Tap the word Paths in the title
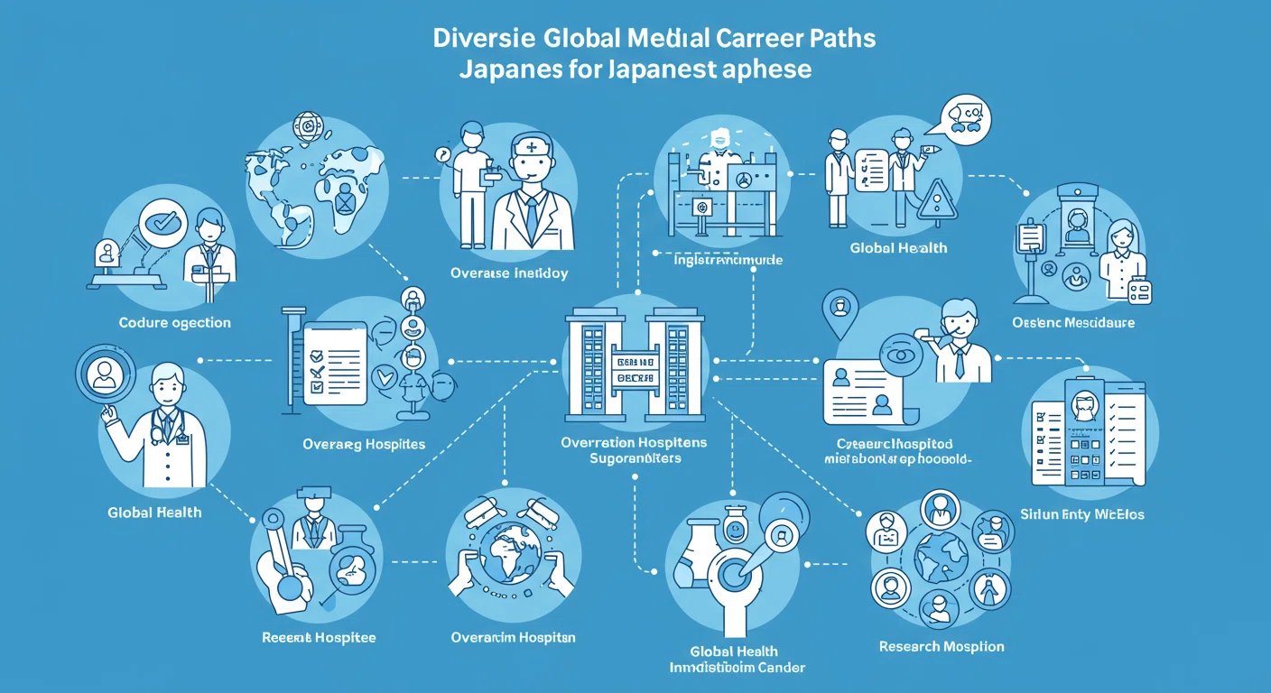tap(842, 40)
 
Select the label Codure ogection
tap(174, 322)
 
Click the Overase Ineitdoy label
tap(509, 273)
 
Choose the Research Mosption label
tap(942, 646)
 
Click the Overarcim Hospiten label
tap(513, 638)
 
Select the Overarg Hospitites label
tap(364, 444)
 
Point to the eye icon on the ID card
tap(899, 354)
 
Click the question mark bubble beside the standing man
tap(443, 154)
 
